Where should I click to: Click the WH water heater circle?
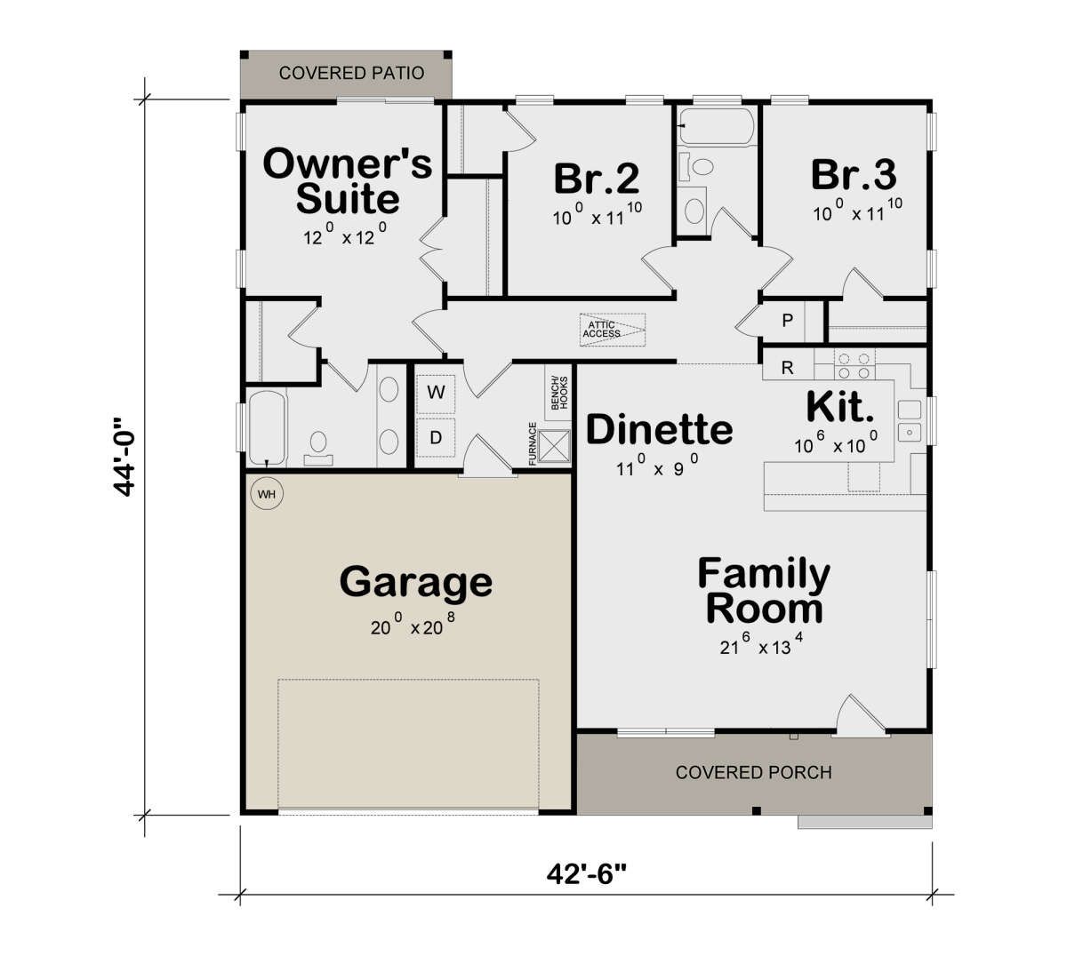(267, 494)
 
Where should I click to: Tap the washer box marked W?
(436, 394)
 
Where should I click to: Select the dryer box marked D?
(436, 438)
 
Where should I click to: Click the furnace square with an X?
(554, 446)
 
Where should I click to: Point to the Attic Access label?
(602, 329)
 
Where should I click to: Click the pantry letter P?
(787, 320)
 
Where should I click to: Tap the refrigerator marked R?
(787, 368)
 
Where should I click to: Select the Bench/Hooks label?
(559, 393)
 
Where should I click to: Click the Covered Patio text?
(351, 73)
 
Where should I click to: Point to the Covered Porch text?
(754, 773)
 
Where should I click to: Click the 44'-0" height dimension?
(124, 457)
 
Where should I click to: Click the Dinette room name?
(659, 429)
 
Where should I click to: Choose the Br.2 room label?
(597, 179)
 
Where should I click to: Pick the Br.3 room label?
(854, 174)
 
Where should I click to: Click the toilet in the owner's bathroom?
(318, 449)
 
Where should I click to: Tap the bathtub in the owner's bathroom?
(267, 428)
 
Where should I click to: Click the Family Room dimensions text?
(761, 644)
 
